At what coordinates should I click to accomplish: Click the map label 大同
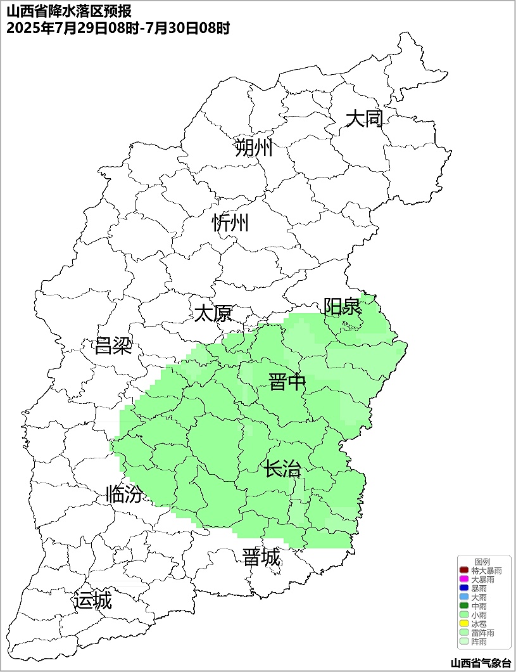coord(365,119)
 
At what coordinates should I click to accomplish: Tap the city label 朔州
coord(253,148)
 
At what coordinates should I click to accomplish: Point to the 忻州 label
coord(230,223)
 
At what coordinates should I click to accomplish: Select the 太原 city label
coord(213,313)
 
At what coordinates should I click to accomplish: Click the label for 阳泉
coord(343,307)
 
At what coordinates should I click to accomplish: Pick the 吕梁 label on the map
coord(113,346)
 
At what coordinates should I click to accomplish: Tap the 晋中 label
coord(287,382)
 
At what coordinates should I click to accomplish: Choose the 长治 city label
coord(282,470)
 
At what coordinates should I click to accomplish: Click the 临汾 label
coord(124,494)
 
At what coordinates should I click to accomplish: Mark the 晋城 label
coord(261,558)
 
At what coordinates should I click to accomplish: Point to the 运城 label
coord(93,600)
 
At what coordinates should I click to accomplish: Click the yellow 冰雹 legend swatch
coord(464,624)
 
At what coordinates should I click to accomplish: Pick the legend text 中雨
coord(479,607)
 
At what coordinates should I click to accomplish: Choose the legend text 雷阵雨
coord(483,633)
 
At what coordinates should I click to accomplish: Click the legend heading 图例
coord(482,562)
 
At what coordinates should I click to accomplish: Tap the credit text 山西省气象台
coord(481,663)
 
